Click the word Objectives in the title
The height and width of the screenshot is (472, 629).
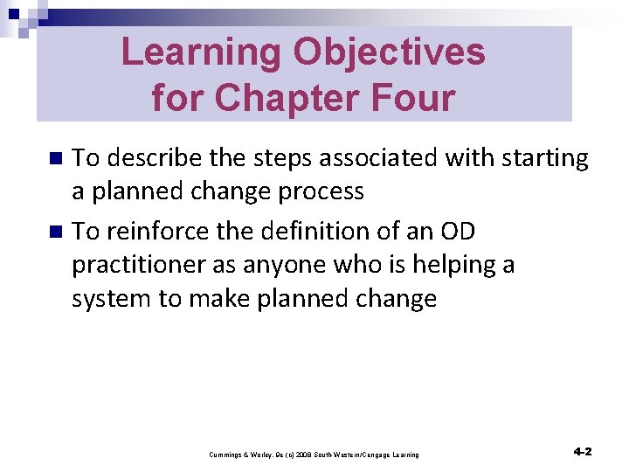coord(390,52)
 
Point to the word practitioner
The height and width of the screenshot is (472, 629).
coord(137,265)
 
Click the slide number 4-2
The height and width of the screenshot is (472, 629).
coord(582,452)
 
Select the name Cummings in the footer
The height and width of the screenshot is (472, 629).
coord(227,455)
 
